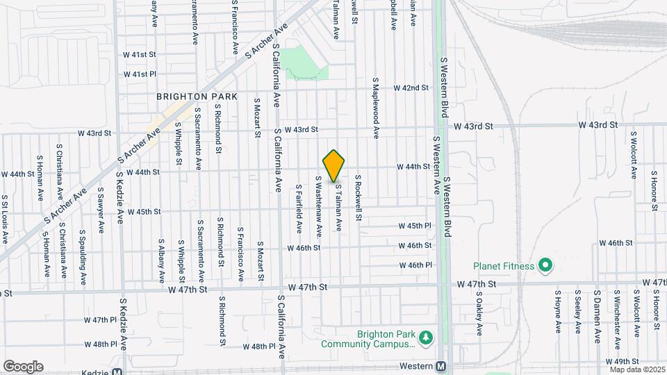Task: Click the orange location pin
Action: point(334,165)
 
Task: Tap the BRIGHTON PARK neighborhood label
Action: point(197,97)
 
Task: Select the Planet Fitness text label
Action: point(504,265)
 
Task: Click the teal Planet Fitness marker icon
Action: point(545,265)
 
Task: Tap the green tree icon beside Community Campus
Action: point(426,339)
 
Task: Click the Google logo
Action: point(23,366)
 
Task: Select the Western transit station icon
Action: point(441,366)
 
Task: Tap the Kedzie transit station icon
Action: point(120,366)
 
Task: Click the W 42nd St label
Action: point(411,87)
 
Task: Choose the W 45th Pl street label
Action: point(415,226)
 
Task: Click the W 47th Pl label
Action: point(100,320)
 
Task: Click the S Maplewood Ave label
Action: point(376,108)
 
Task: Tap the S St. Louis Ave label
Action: point(4,223)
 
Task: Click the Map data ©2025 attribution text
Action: point(637,369)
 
